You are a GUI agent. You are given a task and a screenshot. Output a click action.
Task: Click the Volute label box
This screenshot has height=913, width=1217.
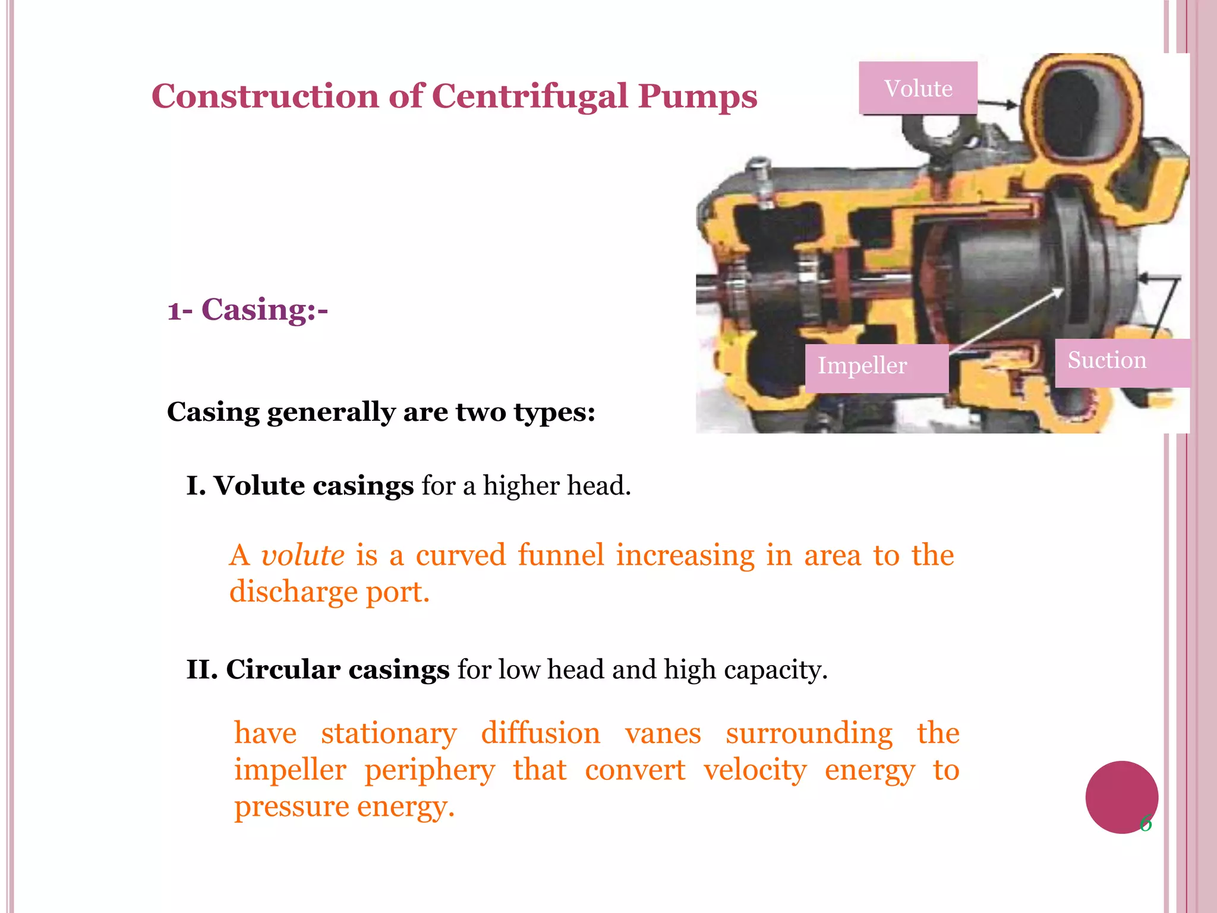[x=918, y=88]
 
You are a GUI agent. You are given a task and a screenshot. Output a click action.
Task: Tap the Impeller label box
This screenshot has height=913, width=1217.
[x=876, y=367]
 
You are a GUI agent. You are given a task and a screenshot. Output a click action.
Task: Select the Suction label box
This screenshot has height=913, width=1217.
[x=1122, y=361]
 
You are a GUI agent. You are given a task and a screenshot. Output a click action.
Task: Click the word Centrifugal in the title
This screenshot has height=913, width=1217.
[x=529, y=96]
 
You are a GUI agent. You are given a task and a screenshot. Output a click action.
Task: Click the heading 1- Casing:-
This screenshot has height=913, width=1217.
[x=247, y=310]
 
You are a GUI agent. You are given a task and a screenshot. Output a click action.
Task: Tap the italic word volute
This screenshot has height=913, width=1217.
[x=302, y=555]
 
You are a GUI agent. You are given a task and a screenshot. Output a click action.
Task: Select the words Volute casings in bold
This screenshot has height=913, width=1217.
[x=313, y=486]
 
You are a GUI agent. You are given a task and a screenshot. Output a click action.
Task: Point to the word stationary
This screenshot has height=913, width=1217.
[x=389, y=733]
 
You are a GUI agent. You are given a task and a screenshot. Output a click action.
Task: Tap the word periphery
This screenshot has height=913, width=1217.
[x=429, y=771]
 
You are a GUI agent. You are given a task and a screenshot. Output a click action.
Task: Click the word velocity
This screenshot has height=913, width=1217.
[x=755, y=770]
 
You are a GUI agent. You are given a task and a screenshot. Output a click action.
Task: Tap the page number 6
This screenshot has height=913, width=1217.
[x=1146, y=824]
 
